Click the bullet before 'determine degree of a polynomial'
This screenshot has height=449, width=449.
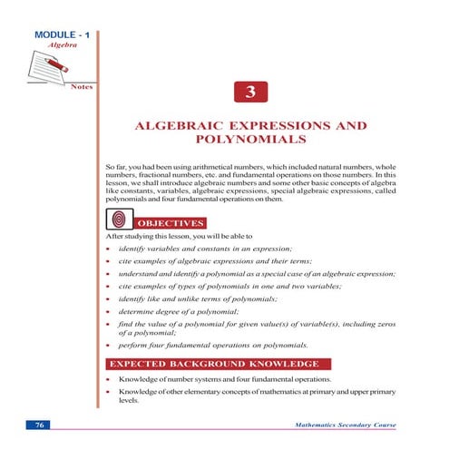coord(109,311)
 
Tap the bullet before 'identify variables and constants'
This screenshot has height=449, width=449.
coord(109,249)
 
